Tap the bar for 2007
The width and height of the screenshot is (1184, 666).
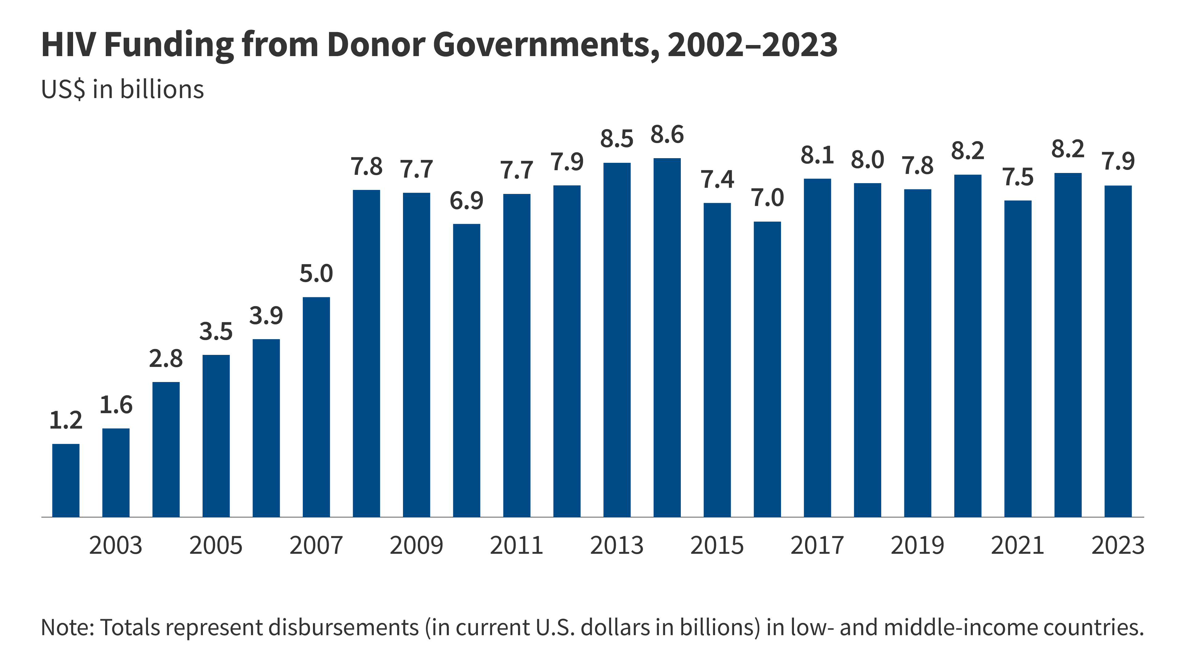pos(316,407)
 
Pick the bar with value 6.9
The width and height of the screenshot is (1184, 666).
pos(467,370)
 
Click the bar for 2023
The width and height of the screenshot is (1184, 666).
pos(1118,351)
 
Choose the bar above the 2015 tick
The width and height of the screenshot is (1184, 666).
pos(717,360)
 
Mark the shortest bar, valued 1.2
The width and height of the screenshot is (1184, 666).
pos(66,480)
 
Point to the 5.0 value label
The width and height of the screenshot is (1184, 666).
pos(316,273)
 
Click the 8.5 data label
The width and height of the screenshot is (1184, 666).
pos(617,139)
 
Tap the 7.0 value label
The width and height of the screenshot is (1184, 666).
pos(767,198)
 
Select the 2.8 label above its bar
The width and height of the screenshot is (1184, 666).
pos(166,359)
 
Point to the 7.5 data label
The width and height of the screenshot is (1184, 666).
pos(1017,177)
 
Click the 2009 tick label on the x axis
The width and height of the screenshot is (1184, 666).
pos(417,545)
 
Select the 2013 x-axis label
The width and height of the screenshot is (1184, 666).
pos(617,545)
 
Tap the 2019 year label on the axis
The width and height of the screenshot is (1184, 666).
pos(917,545)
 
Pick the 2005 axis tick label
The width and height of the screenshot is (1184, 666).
pos(216,545)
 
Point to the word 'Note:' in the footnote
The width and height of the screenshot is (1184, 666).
pos(67,627)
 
